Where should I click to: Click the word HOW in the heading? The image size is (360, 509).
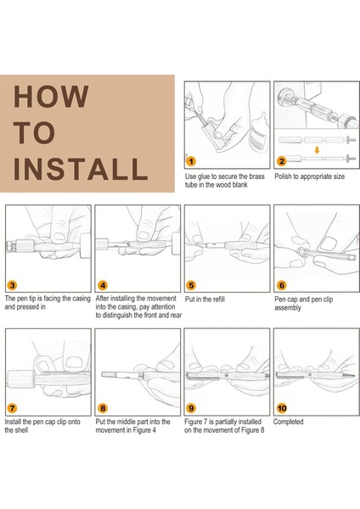(51, 97)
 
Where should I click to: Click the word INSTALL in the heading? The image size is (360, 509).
(81, 169)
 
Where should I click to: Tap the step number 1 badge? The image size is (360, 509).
(191, 161)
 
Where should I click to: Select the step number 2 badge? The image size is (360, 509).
(282, 161)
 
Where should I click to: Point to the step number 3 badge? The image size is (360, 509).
(12, 285)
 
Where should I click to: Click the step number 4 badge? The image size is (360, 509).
(103, 285)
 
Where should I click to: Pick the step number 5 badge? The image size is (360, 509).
(191, 285)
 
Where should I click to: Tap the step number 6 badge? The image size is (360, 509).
(282, 285)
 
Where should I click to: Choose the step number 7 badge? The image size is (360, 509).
(12, 408)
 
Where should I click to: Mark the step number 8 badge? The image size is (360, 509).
(103, 408)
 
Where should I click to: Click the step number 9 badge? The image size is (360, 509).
(191, 408)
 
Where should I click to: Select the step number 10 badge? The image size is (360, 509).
(282, 408)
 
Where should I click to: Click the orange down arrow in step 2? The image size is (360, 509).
(317, 150)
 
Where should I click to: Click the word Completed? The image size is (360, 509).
(288, 422)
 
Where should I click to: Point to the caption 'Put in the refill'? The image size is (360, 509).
(205, 299)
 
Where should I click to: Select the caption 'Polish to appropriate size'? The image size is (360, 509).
(310, 176)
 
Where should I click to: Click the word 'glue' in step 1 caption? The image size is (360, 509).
(204, 177)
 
